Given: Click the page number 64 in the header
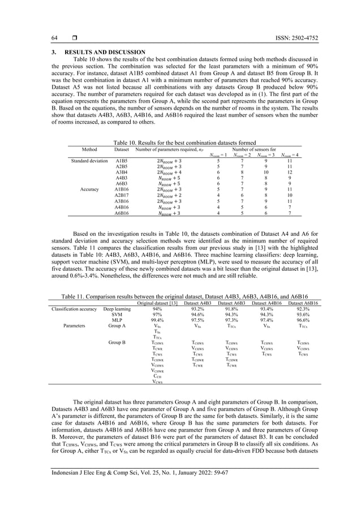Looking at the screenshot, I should (54, 38).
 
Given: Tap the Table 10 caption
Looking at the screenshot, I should (180, 143).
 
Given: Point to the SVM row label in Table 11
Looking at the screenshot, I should (117, 315).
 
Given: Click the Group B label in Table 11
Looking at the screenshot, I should (117, 343).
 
